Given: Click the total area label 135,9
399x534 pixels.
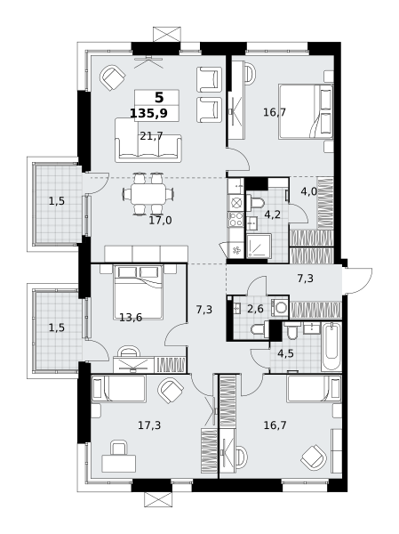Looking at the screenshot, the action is (x=148, y=113).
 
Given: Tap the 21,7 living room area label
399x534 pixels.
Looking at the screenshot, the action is (x=151, y=136).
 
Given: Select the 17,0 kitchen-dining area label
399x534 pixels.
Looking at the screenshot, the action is (x=160, y=221).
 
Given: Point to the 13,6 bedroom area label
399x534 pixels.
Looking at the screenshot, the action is (x=131, y=318).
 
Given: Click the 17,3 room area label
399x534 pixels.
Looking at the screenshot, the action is (x=149, y=425).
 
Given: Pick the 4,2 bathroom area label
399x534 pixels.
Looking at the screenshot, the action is (x=272, y=214).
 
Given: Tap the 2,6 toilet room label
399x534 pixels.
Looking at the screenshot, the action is (x=255, y=309).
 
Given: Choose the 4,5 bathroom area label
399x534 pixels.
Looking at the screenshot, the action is (x=285, y=353).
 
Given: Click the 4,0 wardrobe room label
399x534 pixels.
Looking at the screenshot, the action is (x=309, y=191).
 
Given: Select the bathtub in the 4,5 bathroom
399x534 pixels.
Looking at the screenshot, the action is (x=331, y=347).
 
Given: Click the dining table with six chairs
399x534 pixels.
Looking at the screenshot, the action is (x=148, y=194).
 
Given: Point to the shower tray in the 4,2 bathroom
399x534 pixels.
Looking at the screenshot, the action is (x=259, y=246).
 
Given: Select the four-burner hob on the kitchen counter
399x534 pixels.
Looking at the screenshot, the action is (x=235, y=219).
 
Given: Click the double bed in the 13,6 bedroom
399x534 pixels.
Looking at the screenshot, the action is (x=139, y=292).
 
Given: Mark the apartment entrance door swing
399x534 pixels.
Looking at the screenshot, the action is (x=357, y=280).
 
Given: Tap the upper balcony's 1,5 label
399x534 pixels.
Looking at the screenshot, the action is (x=57, y=201).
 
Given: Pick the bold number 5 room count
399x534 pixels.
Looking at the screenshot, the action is (x=159, y=98).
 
